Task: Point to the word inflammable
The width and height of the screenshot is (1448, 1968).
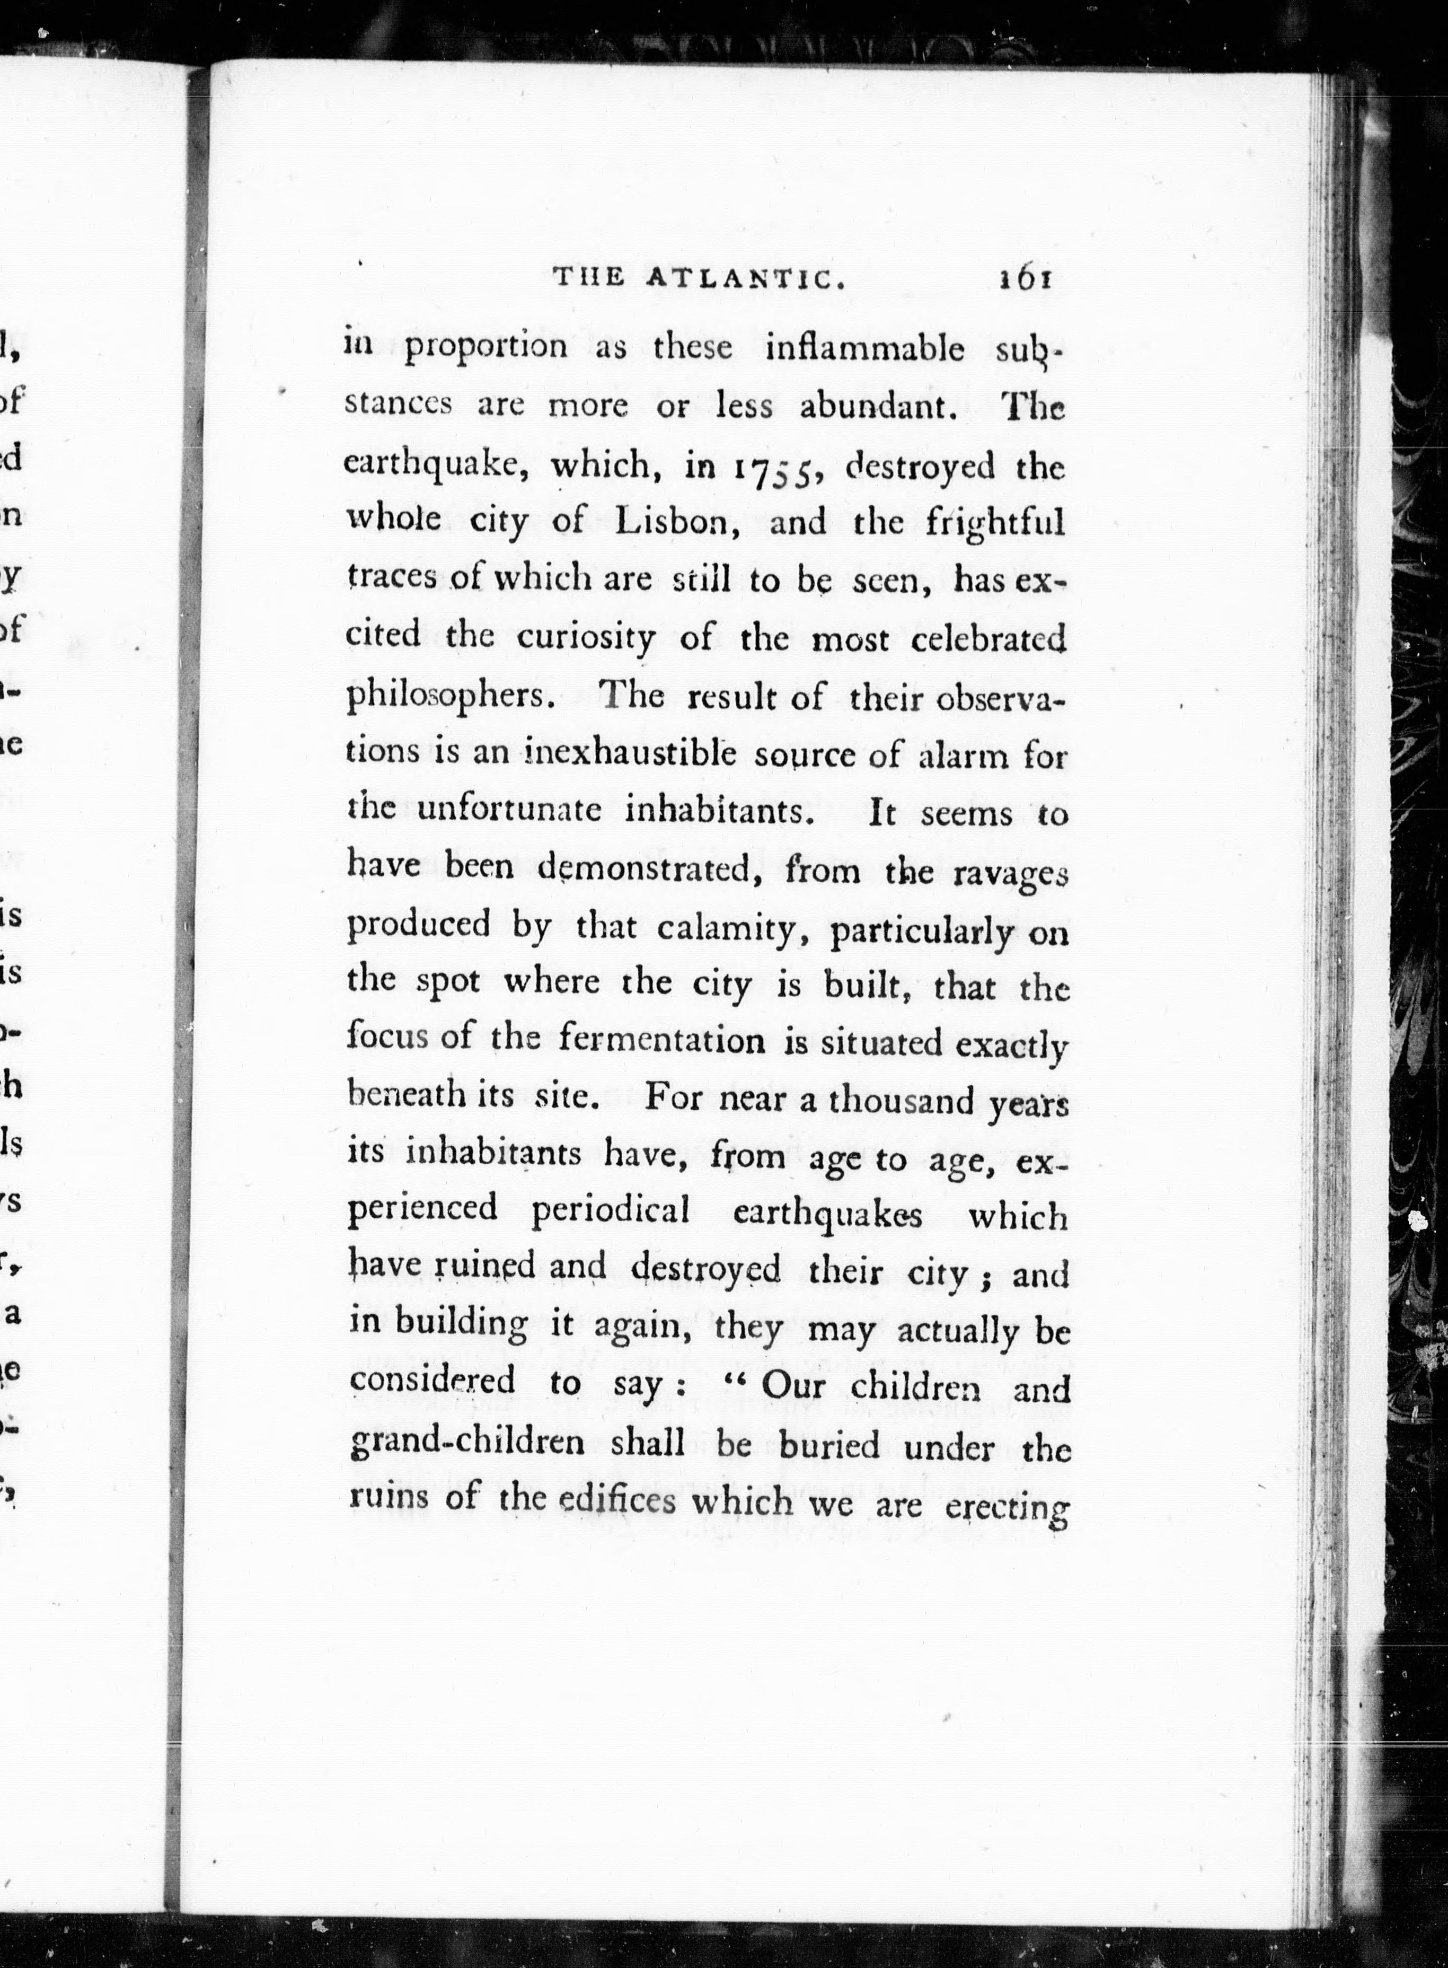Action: (x=864, y=349)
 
